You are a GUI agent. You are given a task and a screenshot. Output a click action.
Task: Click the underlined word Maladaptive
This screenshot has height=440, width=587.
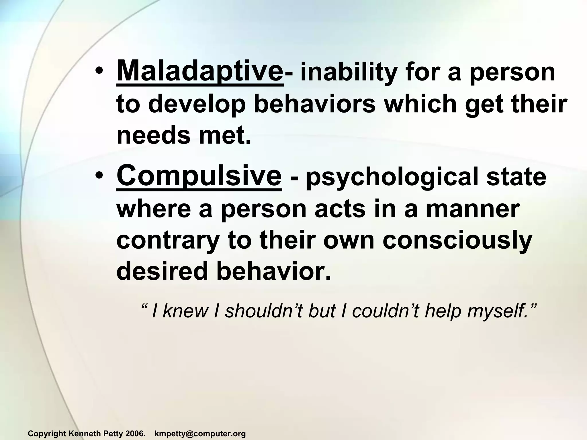[199, 71]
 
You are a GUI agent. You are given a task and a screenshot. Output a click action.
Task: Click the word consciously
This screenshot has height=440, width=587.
[457, 241]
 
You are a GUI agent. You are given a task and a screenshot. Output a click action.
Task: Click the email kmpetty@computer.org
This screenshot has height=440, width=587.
[200, 434]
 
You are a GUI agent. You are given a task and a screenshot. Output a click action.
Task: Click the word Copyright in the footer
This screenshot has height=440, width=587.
[47, 434]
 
